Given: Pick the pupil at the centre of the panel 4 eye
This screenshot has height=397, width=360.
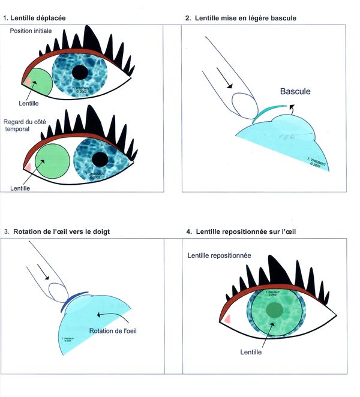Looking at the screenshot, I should point(275,309).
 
